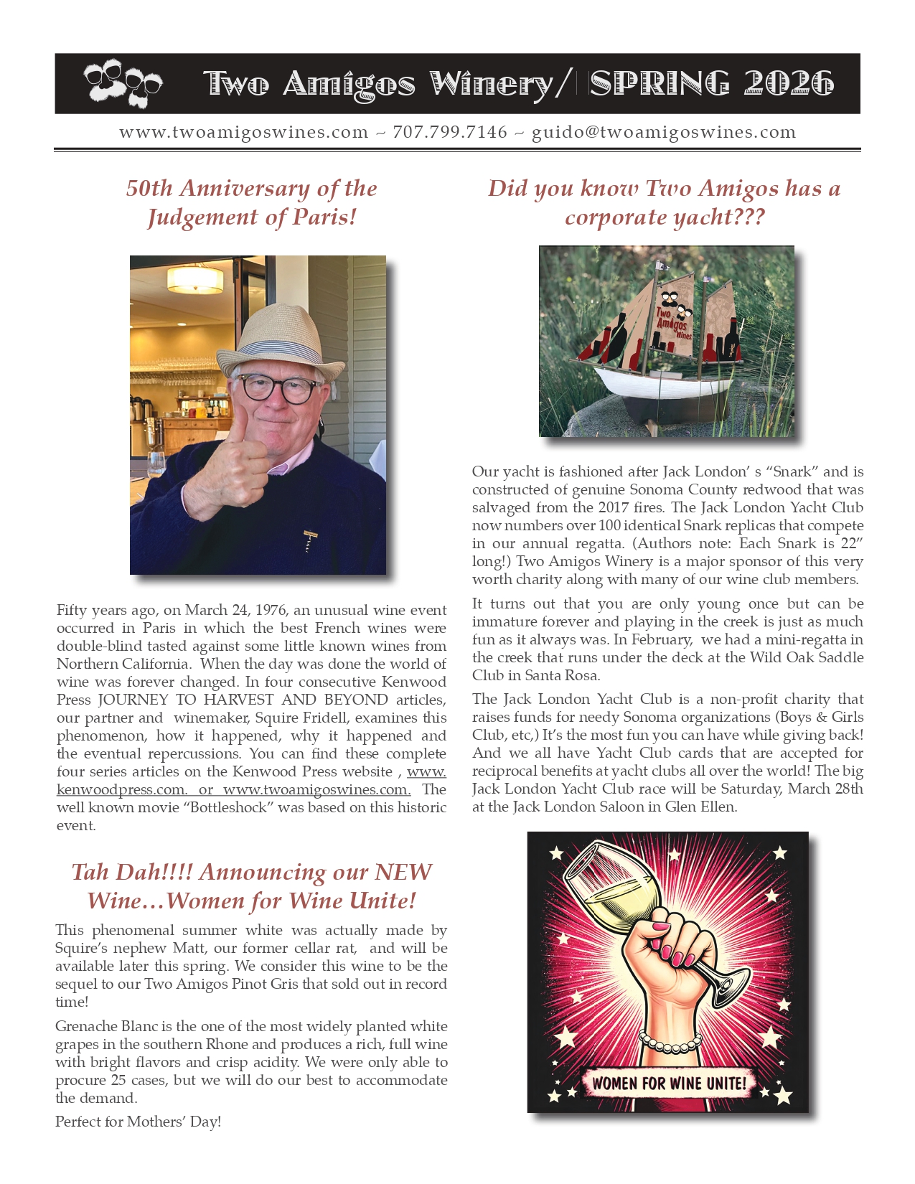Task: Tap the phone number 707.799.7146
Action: pyautogui.click(x=450, y=133)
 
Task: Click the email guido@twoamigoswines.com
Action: pyautogui.click(x=664, y=133)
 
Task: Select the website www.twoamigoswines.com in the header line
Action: pyautogui.click(x=243, y=133)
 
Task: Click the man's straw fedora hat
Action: pyautogui.click(x=280, y=339)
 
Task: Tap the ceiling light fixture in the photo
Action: pyautogui.click(x=195, y=279)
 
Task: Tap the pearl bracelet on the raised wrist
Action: pyautogui.click(x=670, y=1043)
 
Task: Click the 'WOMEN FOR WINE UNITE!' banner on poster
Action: pyautogui.click(x=669, y=1083)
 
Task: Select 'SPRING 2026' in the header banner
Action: pyautogui.click(x=711, y=84)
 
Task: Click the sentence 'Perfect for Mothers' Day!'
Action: pyautogui.click(x=138, y=1122)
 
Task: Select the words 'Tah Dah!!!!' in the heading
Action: pyautogui.click(x=131, y=872)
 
